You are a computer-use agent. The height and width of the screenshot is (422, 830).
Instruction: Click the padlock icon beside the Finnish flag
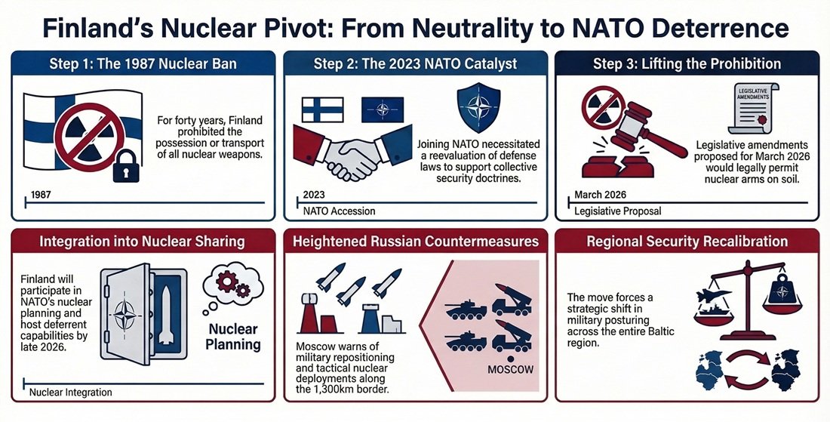pyautogui.click(x=126, y=166)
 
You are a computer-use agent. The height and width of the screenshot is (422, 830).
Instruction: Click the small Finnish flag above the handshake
pyautogui.click(x=322, y=109)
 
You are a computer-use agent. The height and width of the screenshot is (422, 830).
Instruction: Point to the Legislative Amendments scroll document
pyautogui.click(x=754, y=109)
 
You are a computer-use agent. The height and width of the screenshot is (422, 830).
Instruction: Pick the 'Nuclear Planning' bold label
pyautogui.click(x=233, y=337)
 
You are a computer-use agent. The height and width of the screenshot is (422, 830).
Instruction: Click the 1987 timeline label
pyautogui.click(x=41, y=194)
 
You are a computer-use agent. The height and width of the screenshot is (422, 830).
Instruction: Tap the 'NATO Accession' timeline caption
pyautogui.click(x=340, y=211)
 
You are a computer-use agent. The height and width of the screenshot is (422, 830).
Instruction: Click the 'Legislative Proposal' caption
pyautogui.click(x=618, y=211)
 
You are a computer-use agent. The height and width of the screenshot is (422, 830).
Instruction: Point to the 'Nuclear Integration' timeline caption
pyautogui.click(x=71, y=393)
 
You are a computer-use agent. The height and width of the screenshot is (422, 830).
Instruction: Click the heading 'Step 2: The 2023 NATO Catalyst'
pyautogui.click(x=416, y=65)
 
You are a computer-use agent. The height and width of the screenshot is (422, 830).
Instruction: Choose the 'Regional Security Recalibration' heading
pyautogui.click(x=687, y=242)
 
